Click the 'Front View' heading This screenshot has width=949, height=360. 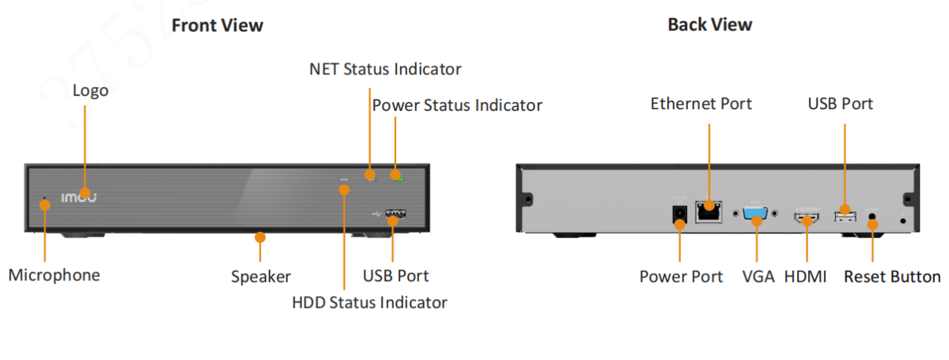(x=217, y=25)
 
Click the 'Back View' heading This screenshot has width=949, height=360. (x=709, y=25)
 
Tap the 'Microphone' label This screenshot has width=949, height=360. (x=55, y=275)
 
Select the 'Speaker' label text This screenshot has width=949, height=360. (x=261, y=277)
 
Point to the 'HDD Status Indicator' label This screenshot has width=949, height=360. (x=369, y=302)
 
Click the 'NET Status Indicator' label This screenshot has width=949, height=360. (x=384, y=69)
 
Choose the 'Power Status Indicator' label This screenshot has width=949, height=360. (x=457, y=105)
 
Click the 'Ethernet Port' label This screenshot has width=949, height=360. (x=701, y=104)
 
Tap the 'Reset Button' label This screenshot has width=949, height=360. (x=892, y=277)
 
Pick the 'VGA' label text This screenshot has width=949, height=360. (x=758, y=277)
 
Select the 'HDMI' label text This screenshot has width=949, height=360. (x=806, y=277)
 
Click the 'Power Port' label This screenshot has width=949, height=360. (x=681, y=277)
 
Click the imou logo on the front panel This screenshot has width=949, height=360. (x=79, y=196)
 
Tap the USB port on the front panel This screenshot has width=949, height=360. (x=395, y=213)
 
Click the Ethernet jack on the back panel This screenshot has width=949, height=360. (x=708, y=210)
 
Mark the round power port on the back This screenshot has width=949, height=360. (x=679, y=214)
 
